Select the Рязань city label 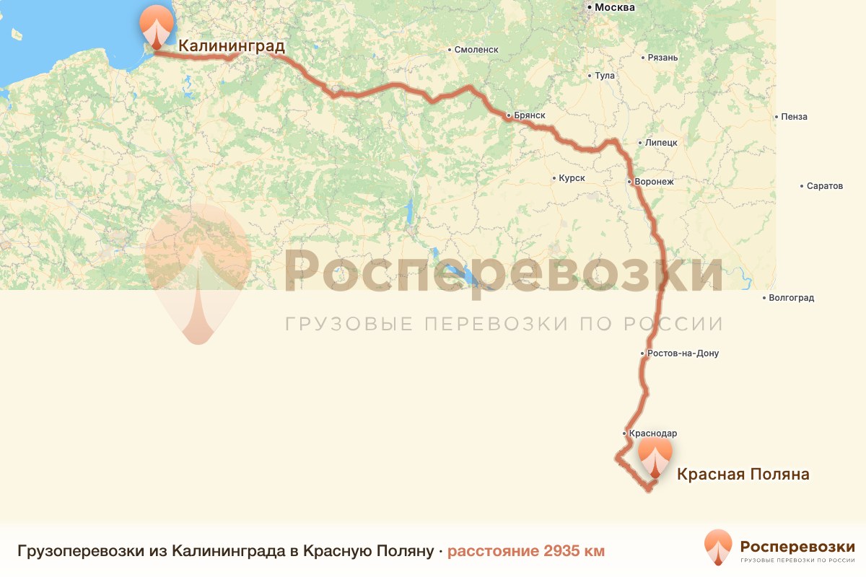click(662, 57)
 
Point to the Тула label click(604, 76)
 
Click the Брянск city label click(530, 115)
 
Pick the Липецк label click(661, 143)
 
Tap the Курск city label click(572, 177)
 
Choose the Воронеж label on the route click(654, 182)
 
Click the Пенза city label click(794, 117)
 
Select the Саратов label click(825, 186)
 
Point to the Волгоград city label click(792, 298)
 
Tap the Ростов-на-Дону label click(683, 353)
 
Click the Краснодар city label click(653, 433)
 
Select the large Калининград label click(232, 46)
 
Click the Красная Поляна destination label click(743, 474)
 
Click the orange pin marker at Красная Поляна click(655, 457)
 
